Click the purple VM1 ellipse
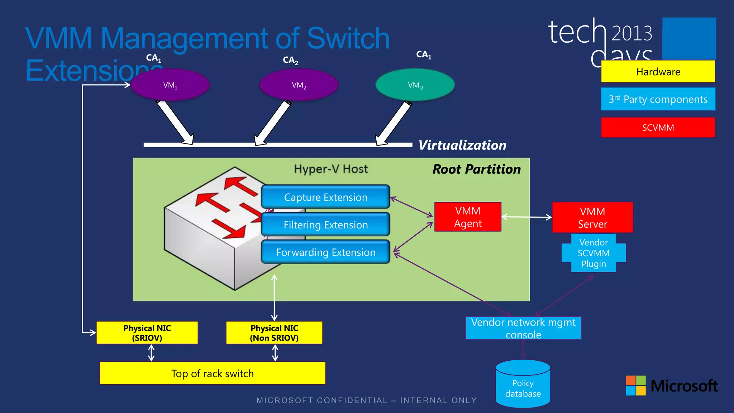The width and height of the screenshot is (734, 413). [170, 85]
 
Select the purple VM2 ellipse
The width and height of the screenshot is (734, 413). [299, 85]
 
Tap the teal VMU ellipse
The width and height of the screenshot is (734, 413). [415, 85]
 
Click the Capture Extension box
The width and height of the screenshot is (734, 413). [325, 197]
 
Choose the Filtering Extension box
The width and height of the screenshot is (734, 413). [325, 224]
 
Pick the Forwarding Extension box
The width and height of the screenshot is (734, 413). [325, 252]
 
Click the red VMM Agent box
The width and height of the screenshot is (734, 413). [468, 217]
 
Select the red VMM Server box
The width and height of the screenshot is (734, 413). [592, 217]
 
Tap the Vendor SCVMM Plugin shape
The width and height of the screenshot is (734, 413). [594, 253]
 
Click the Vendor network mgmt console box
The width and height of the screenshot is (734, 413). [523, 328]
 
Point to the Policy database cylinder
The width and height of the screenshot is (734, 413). [523, 385]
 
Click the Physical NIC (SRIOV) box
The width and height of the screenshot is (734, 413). [147, 333]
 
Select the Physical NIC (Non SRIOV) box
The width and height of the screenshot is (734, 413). [274, 333]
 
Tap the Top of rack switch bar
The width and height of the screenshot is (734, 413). [213, 373]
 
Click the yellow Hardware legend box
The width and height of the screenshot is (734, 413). [658, 72]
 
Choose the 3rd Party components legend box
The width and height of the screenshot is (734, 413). [658, 99]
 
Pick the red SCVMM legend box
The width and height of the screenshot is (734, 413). [658, 128]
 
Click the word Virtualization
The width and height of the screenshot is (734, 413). [462, 145]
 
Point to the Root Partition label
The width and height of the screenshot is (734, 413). [476, 169]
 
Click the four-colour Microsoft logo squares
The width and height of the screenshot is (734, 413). [635, 385]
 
